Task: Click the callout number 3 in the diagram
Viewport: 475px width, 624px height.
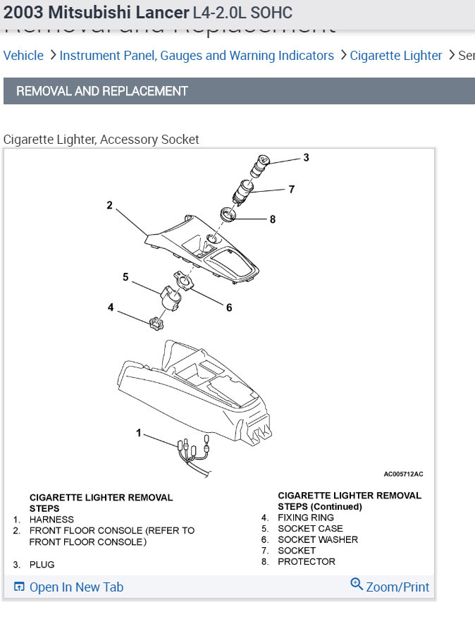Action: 306,157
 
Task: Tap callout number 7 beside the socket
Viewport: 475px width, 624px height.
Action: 291,189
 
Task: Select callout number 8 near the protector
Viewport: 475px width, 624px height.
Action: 272,219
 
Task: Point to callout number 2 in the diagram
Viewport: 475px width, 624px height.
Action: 109,205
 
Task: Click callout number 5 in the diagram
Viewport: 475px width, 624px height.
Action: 126,277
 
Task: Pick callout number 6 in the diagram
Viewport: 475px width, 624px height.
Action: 229,307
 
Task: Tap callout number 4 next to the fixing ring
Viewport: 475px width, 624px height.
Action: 111,307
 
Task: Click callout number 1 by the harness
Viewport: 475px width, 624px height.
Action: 139,432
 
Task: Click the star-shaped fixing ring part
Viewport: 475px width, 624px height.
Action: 156,324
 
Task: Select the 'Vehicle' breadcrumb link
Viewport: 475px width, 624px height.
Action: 23,56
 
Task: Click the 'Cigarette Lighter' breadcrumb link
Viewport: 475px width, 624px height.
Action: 396,56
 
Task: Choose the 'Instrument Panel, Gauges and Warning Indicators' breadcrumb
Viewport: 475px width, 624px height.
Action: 197,56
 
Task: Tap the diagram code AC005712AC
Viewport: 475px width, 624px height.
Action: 403,474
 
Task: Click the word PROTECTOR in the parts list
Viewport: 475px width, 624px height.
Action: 307,562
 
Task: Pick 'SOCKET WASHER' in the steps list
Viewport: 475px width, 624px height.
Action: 318,539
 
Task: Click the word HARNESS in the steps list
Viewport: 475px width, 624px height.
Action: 51,520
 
